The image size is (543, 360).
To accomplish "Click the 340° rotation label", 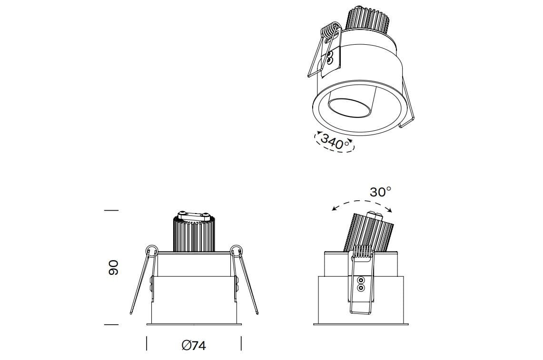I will click(x=335, y=142).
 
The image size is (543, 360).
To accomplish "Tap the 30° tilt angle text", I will click(x=380, y=192).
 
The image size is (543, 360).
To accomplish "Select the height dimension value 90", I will click(x=112, y=268).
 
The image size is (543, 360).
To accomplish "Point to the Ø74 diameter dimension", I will click(x=194, y=345).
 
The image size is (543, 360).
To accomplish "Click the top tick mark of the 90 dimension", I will click(x=111, y=210).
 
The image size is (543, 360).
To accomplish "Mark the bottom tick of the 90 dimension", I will click(x=111, y=325).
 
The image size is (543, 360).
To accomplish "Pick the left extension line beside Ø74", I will click(x=147, y=343).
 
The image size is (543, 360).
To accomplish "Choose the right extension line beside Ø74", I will click(x=241, y=343).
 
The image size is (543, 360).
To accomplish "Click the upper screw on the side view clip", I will click(x=361, y=280).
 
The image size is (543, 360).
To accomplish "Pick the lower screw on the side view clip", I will click(x=361, y=288).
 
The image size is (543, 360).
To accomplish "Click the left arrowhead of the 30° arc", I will click(x=334, y=208).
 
